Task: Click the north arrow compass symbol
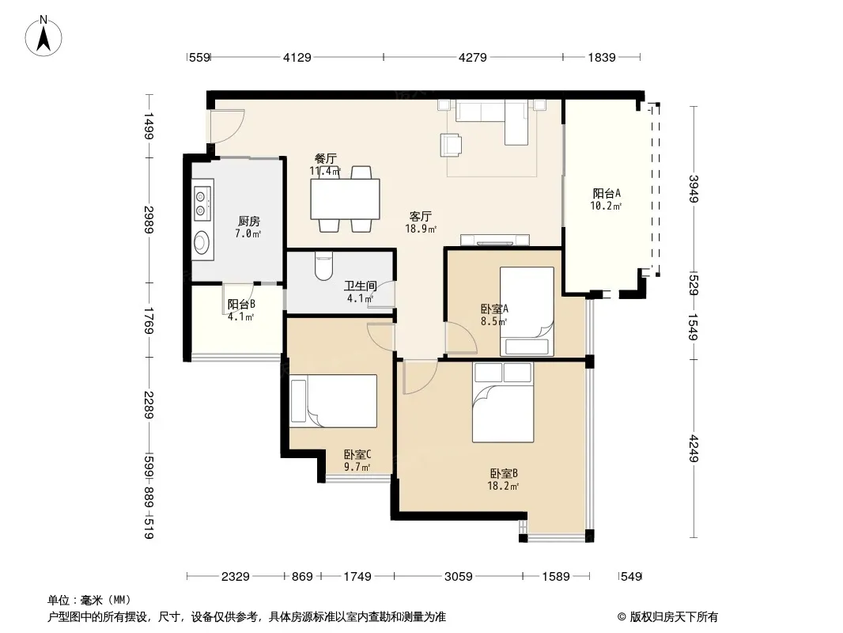coord(43,36)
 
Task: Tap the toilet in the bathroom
coord(323,266)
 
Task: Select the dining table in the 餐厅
coord(345,199)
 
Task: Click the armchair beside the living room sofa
coord(451,145)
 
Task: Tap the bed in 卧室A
coord(527,312)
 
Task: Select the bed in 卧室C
coord(334,401)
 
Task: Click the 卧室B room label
coord(503,474)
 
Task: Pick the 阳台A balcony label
coord(607,194)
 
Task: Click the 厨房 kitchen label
coord(249,221)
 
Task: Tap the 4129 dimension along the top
coord(297,57)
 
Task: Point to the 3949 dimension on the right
coord(694,189)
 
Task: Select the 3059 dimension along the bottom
coord(458,577)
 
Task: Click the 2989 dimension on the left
coord(149,220)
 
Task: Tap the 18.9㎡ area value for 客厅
coord(421,229)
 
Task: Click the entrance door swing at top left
coord(226,126)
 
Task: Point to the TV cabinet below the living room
coord(495,241)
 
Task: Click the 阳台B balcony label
coord(241,305)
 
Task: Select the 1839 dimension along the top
coord(602,57)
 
